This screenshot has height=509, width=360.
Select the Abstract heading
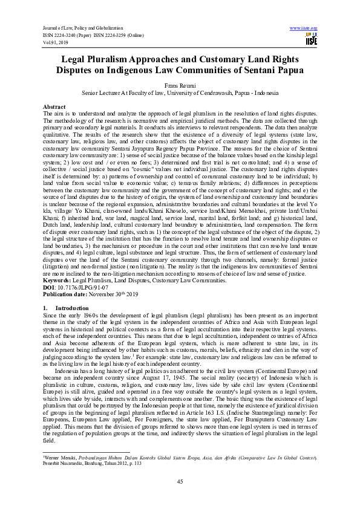[x=54, y=106]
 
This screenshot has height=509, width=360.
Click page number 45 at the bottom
[x=180, y=481]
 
